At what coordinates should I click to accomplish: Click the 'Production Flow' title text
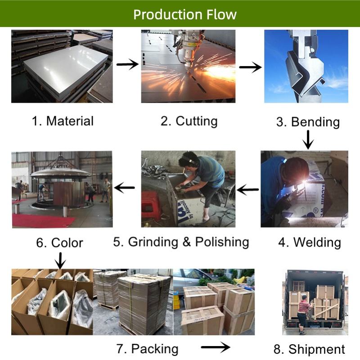[184, 14]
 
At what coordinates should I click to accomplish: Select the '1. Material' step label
[63, 121]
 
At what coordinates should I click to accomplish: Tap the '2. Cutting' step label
[189, 121]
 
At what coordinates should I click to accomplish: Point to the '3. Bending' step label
[308, 121]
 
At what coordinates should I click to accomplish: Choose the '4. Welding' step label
[309, 242]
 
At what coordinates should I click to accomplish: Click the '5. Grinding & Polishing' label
[181, 242]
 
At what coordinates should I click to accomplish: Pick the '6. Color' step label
[59, 243]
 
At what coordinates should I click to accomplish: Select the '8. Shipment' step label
[309, 349]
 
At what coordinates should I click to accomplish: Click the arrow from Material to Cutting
[127, 65]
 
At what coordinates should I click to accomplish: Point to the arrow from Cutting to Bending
[250, 67]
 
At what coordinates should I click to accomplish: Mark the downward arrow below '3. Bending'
[308, 139]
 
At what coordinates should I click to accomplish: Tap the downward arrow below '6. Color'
[60, 260]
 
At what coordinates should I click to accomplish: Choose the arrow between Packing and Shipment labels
[215, 347]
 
